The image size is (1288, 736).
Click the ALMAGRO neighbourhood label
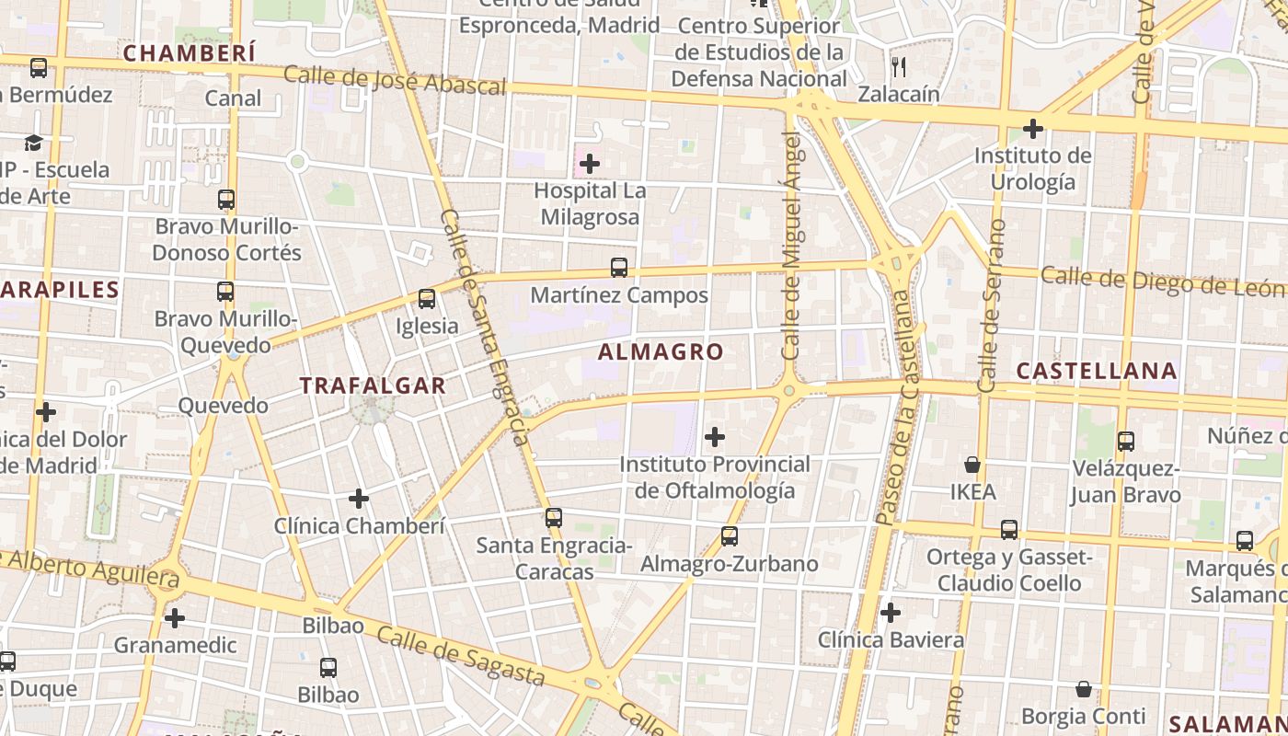click(661, 351)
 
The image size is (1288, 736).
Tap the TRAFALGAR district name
click(373, 385)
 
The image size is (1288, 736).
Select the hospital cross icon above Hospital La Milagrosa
click(589, 165)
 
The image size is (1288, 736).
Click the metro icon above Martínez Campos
click(619, 268)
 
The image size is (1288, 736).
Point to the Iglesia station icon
click(426, 299)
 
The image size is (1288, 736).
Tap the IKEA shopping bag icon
click(972, 465)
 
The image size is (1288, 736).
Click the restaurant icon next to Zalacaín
click(899, 66)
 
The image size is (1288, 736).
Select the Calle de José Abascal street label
click(395, 80)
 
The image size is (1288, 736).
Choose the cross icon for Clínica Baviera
click(890, 613)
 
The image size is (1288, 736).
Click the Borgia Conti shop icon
click(1084, 689)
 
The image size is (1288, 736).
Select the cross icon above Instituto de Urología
click(1032, 129)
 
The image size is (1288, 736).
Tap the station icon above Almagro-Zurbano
click(730, 535)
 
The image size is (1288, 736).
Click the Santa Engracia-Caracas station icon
click(553, 518)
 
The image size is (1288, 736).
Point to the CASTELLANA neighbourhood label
click(1097, 371)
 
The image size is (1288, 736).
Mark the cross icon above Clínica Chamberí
click(359, 499)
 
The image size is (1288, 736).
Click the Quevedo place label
click(223, 406)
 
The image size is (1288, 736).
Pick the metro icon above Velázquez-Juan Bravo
click(1125, 442)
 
